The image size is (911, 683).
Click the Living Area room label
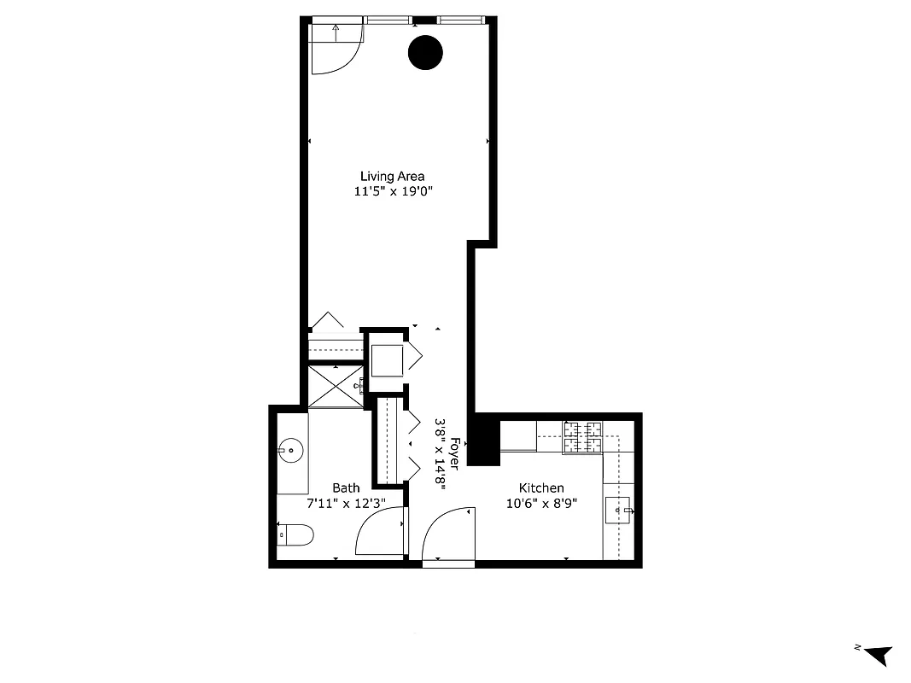(x=392, y=177)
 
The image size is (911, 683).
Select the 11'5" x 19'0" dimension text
(x=394, y=192)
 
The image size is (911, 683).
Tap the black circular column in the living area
(x=425, y=53)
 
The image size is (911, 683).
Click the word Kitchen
(x=542, y=487)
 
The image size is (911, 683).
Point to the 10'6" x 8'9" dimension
(x=542, y=503)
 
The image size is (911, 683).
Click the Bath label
(x=346, y=487)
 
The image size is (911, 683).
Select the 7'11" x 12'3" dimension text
(x=346, y=503)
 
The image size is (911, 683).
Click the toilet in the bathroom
(x=295, y=534)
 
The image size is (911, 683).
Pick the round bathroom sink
(x=291, y=447)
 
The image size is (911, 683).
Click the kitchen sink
(x=618, y=511)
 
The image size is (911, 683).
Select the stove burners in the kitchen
(x=582, y=436)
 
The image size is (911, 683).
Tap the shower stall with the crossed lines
(x=336, y=387)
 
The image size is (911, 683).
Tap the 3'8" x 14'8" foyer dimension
(x=441, y=452)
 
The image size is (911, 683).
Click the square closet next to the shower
(x=386, y=359)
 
